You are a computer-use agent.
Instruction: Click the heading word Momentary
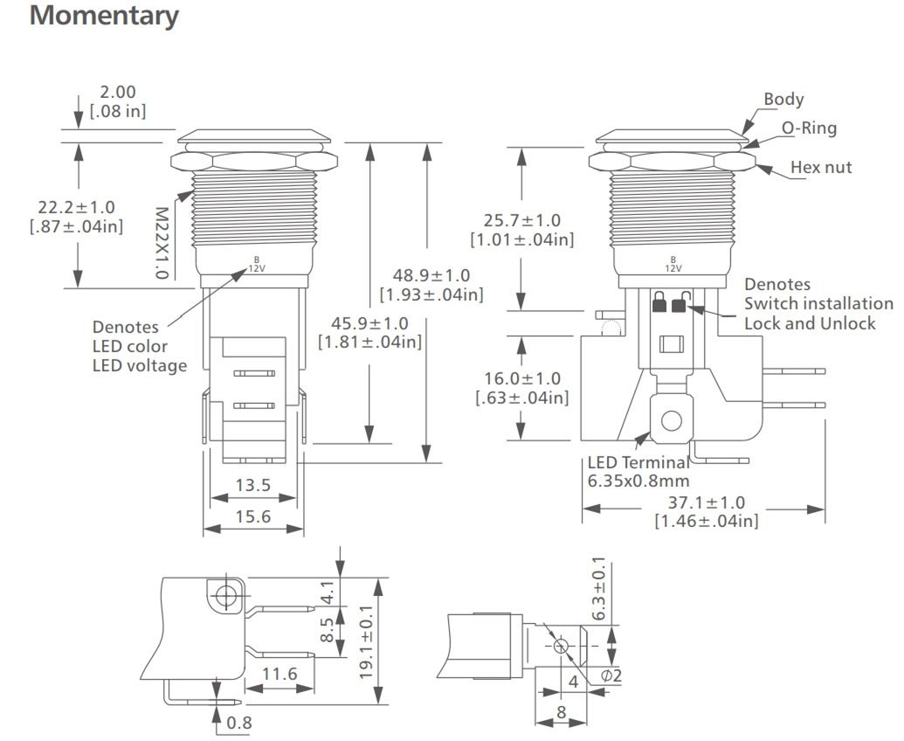[104, 16]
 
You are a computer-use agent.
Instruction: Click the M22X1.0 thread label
[161, 242]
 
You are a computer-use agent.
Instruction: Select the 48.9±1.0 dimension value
[431, 275]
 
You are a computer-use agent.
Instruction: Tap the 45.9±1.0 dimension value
[369, 322]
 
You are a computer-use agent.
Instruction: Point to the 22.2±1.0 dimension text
[76, 207]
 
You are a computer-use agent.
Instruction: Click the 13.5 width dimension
[253, 485]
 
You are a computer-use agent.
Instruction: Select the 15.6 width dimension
[253, 516]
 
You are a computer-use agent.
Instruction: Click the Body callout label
[783, 99]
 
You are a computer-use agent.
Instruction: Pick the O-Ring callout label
[808, 128]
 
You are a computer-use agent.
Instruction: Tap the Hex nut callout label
[821, 167]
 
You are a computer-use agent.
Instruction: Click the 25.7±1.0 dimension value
[521, 220]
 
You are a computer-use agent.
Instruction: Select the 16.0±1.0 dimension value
[521, 378]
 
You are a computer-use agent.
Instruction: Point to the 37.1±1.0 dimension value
[706, 502]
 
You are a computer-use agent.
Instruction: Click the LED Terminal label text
[638, 463]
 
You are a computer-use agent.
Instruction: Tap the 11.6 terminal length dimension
[279, 673]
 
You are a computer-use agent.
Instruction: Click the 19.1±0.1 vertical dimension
[368, 641]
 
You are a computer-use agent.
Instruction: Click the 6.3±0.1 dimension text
[598, 589]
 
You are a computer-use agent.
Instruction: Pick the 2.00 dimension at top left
[118, 92]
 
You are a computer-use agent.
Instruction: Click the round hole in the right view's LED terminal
[671, 421]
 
